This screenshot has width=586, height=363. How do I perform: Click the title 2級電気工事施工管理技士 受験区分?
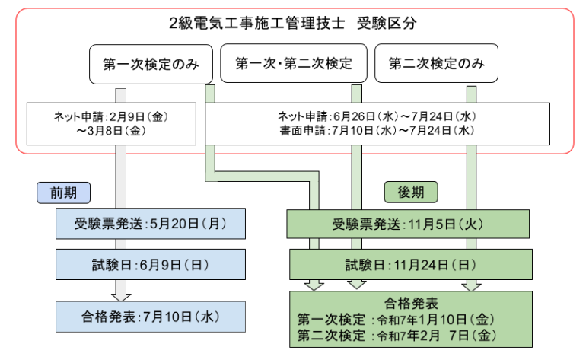coord(293,23)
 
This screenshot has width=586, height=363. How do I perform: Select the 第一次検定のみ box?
coord(151,65)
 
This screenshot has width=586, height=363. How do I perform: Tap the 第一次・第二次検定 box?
coord(293,64)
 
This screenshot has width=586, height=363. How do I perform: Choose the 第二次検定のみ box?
coord(436,64)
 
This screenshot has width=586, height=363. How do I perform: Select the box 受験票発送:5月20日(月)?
coord(151,224)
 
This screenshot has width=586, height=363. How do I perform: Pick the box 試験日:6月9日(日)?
coord(151,265)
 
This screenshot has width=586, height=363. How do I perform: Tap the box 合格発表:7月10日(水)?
coord(151,315)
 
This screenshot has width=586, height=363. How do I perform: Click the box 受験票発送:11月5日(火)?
coord(409,224)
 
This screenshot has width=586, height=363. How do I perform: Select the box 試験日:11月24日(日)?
coord(409,265)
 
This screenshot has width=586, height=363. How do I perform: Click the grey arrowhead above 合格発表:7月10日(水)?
coord(120,294)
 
